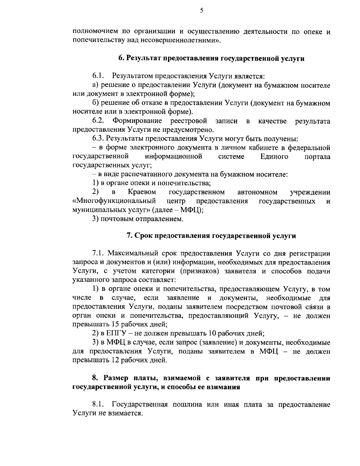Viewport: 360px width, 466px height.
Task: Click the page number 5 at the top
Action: pos(201,11)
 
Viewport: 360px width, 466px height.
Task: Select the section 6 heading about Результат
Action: pos(211,59)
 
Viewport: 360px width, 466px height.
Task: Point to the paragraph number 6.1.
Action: pos(98,76)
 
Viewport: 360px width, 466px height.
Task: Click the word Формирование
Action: pos(137,121)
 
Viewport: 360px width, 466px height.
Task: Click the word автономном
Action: pos(257,192)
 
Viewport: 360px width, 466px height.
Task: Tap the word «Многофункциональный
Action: pos(114,201)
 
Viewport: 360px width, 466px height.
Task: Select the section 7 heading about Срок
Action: pos(211,236)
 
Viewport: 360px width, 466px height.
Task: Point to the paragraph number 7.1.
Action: pos(98,253)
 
